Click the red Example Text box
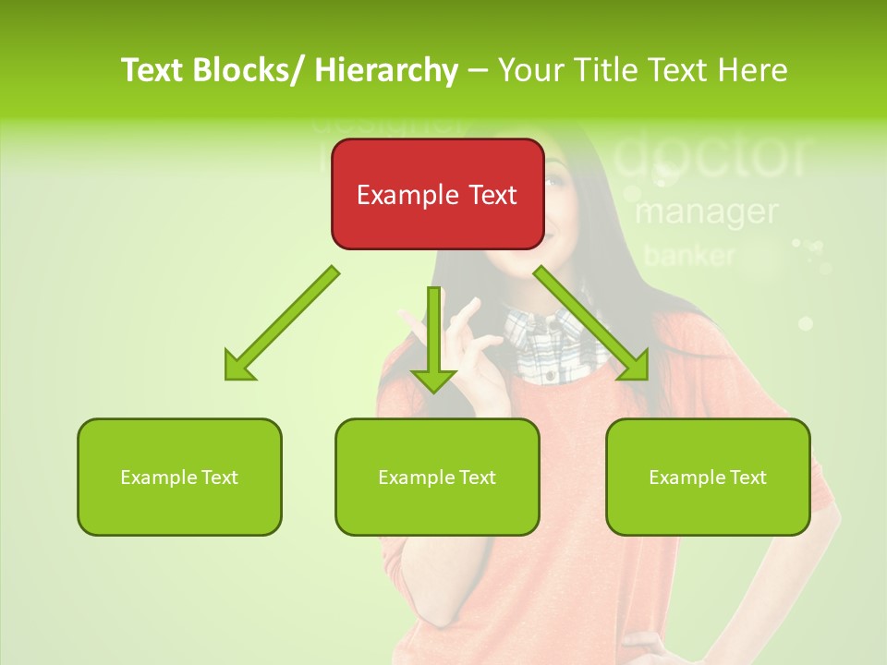point(437,194)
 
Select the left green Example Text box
point(179,477)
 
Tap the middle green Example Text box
point(437,477)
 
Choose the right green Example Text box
point(708,477)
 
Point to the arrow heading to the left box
point(280,324)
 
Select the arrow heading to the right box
point(591,323)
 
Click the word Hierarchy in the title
point(386,70)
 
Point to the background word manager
point(706,212)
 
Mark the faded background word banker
point(689,255)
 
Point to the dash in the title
point(478,70)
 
